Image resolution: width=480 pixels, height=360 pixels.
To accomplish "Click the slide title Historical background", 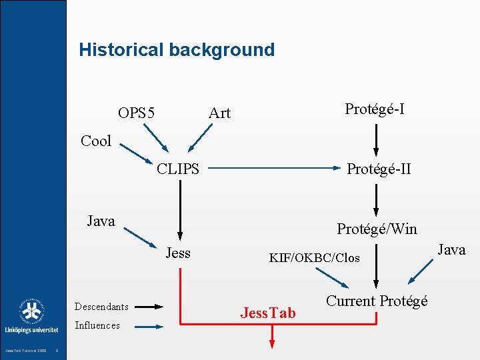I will (177, 50).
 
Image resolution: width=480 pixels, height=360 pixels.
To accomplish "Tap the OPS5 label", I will (136, 113).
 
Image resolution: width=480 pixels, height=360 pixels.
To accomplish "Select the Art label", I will (219, 113).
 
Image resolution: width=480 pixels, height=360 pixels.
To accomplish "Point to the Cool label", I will (96, 141).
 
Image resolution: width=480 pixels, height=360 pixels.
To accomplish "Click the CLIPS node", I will (178, 169).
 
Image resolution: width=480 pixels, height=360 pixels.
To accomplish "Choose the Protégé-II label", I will (379, 169).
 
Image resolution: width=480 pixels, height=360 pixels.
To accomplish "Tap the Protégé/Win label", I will (377, 229).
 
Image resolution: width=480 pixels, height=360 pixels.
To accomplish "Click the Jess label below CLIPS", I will (178, 253).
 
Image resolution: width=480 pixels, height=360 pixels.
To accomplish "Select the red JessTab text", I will (268, 313).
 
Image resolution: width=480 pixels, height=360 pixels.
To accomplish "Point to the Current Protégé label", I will (377, 301).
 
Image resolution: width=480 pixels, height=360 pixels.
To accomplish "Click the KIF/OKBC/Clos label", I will (314, 257).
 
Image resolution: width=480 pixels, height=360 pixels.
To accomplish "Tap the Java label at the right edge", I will (451, 250).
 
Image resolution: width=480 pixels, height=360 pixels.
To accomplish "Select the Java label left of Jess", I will (101, 221).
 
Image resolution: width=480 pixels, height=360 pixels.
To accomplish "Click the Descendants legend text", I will (101, 307).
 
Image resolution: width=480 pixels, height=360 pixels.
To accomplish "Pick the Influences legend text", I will (97, 325).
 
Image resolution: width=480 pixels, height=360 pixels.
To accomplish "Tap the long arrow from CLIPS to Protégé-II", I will (273, 169).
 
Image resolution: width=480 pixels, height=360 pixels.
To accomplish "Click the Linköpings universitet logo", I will (31, 317).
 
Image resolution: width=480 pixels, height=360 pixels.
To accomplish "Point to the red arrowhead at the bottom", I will (271, 343).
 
